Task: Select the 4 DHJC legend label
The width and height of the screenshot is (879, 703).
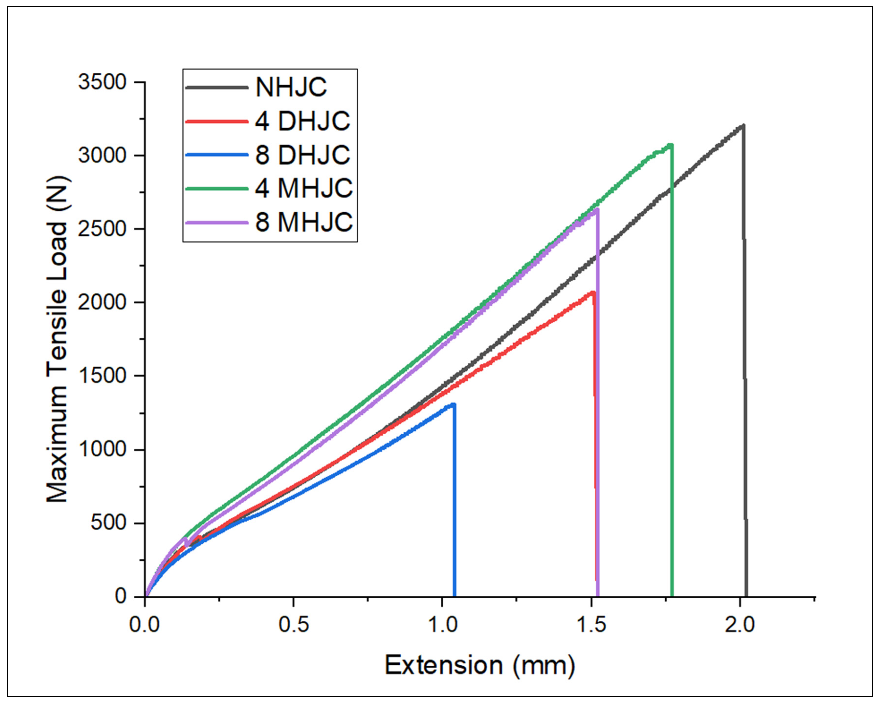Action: pyautogui.click(x=303, y=121)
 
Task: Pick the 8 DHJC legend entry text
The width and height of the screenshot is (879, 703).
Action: pyautogui.click(x=303, y=155)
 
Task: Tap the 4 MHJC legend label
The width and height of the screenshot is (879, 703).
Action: pyautogui.click(x=304, y=188)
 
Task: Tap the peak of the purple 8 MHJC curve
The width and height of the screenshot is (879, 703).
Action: pyautogui.click(x=597, y=209)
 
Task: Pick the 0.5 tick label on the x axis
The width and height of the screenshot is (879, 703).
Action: pyautogui.click(x=294, y=625)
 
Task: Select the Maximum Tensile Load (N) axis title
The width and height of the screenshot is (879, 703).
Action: pyautogui.click(x=57, y=339)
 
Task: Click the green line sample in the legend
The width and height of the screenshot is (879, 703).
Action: pyautogui.click(x=216, y=188)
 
